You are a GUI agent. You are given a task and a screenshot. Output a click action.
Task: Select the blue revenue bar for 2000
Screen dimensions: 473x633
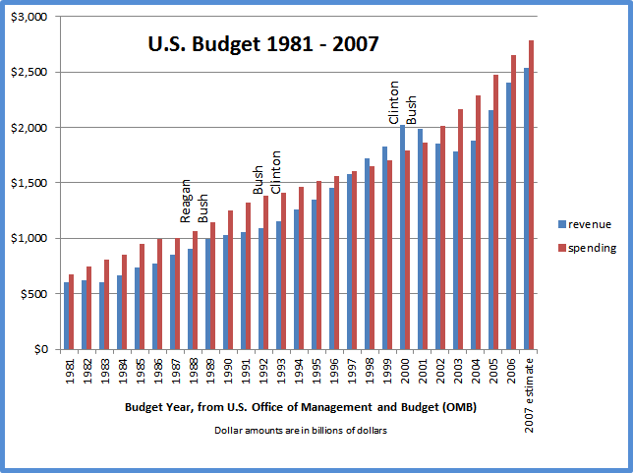click(402, 237)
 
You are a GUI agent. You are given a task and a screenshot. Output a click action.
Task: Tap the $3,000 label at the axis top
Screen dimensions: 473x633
click(30, 18)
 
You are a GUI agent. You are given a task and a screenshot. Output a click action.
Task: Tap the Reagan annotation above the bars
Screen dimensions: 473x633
click(184, 203)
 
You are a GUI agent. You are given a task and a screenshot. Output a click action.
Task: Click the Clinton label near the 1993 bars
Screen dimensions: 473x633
click(276, 172)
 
